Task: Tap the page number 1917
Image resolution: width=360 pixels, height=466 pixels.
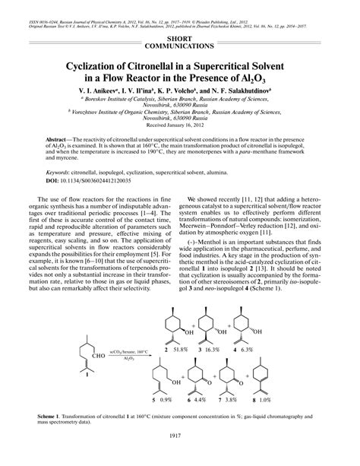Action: pos(179,455)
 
